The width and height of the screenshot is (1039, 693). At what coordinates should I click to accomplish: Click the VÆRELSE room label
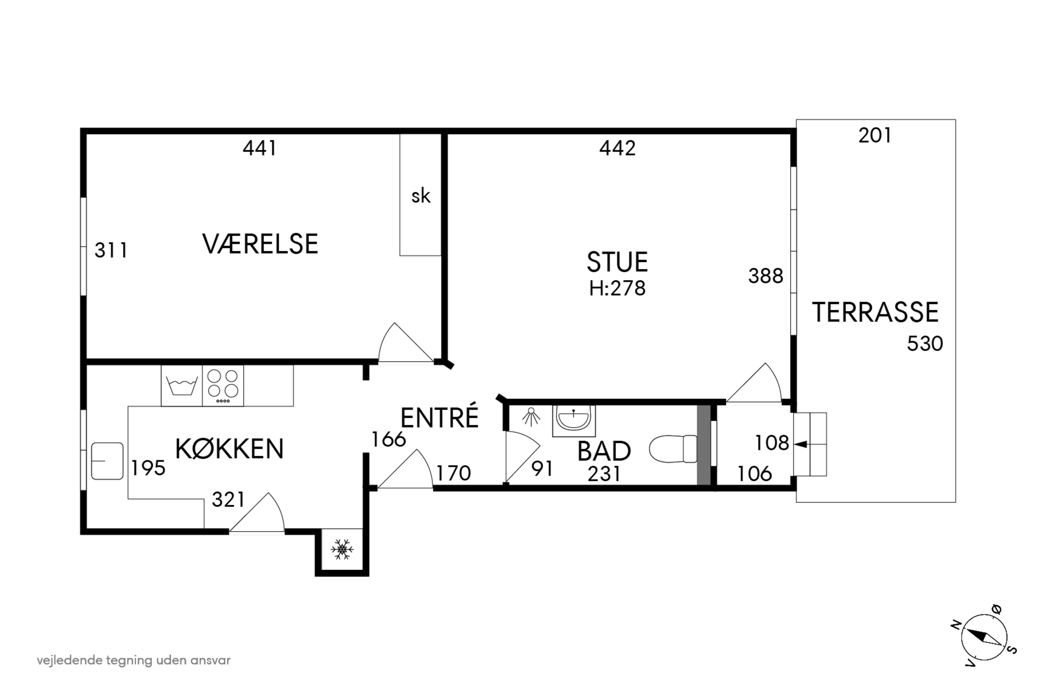click(x=260, y=244)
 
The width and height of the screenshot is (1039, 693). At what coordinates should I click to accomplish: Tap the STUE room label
click(x=617, y=262)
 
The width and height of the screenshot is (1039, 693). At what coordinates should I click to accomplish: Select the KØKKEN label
click(x=229, y=449)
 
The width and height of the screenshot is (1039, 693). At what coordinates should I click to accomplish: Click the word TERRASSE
click(x=875, y=313)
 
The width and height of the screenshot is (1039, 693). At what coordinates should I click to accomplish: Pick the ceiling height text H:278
click(x=617, y=289)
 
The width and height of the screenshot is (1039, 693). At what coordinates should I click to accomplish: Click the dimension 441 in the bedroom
click(x=260, y=148)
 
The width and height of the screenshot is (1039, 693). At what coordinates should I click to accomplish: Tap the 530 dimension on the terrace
click(x=925, y=344)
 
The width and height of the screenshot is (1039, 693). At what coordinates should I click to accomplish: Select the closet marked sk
click(x=420, y=196)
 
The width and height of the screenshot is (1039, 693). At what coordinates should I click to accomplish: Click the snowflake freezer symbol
click(x=342, y=549)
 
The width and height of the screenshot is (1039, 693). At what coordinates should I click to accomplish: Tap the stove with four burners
click(x=223, y=385)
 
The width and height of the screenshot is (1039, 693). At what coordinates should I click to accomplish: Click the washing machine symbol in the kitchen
click(x=181, y=385)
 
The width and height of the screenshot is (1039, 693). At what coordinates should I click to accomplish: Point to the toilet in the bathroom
click(x=672, y=449)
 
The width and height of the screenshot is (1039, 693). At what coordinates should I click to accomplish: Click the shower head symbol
click(x=531, y=417)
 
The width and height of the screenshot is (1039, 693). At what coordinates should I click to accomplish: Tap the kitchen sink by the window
click(x=107, y=461)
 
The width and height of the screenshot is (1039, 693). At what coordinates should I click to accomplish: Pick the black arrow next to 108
click(x=801, y=444)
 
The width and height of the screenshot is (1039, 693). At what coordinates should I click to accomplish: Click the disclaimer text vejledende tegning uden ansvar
click(x=133, y=660)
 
